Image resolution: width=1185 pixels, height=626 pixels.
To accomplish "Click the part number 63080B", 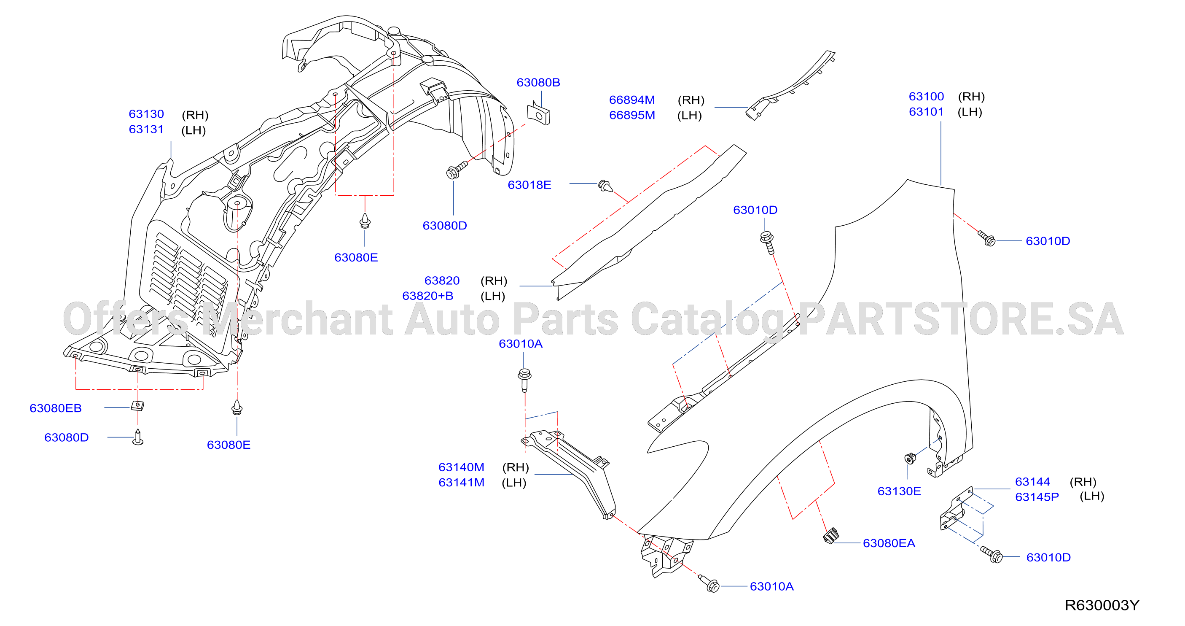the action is coord(538,82).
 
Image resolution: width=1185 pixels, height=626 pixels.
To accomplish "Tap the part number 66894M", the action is coord(631,100).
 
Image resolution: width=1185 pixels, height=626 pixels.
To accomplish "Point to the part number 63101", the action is coord(926,112).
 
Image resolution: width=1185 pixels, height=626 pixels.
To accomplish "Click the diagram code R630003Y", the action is coord(1102,605).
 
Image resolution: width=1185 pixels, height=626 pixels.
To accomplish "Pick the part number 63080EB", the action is coord(56,408).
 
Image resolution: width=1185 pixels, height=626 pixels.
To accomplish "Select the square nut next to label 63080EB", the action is coord(137,405).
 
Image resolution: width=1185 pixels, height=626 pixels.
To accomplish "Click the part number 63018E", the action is coord(529,185).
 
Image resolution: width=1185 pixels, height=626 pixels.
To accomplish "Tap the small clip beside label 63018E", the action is coord(606,186).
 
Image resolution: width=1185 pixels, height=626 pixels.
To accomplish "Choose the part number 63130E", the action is coord(899,491).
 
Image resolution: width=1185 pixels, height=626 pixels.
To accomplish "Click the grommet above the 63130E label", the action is coord(910,458).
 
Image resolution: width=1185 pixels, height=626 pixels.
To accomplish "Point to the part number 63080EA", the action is coord(889,543).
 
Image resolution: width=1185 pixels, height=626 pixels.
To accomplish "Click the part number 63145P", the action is coord(1037,497).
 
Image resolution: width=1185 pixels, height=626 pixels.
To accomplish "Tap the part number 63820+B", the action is coord(428,296).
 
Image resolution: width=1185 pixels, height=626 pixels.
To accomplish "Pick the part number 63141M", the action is coord(462,483).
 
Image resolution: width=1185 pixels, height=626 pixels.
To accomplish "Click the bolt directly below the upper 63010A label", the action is coord(524,380).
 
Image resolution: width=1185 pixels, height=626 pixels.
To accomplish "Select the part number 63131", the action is coord(146,130).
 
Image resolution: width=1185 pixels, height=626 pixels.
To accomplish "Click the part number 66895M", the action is coord(631,115).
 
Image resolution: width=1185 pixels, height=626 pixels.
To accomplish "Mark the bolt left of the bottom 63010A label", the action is coord(709,584).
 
